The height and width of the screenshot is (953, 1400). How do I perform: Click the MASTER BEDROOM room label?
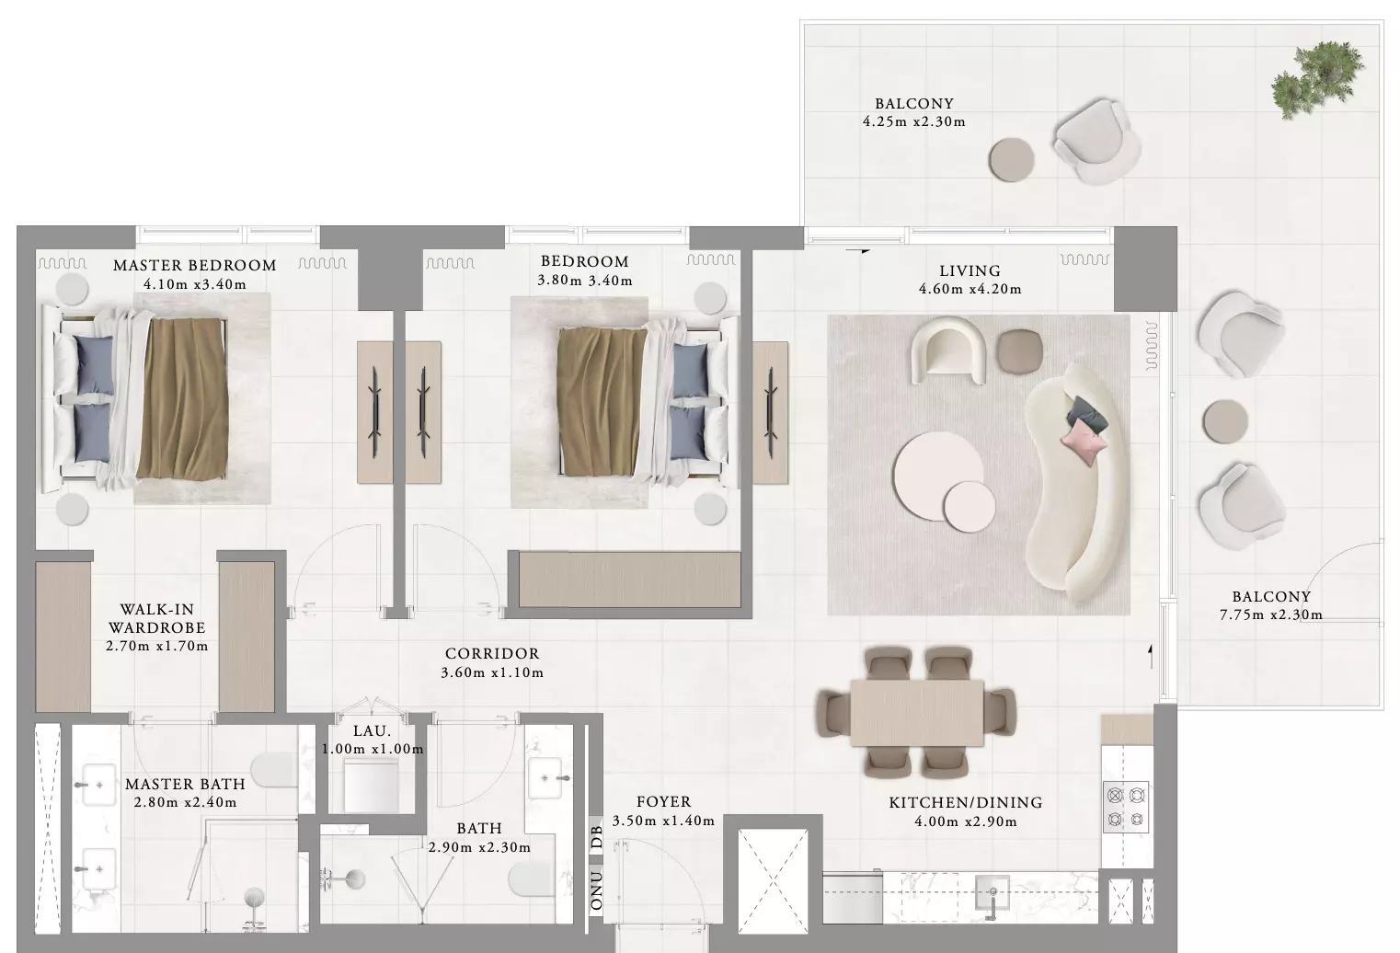[195, 265]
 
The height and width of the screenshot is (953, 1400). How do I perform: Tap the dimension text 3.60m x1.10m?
[492, 672]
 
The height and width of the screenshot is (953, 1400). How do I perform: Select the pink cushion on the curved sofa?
[1084, 442]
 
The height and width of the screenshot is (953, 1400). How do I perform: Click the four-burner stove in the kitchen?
[1126, 807]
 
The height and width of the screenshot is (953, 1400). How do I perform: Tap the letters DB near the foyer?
[597, 837]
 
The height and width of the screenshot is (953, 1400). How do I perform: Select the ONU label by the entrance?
[597, 891]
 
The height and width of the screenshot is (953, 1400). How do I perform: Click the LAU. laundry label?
[372, 730]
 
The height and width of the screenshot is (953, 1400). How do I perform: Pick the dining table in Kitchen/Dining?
[917, 712]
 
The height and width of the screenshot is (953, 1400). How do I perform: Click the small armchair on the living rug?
[948, 350]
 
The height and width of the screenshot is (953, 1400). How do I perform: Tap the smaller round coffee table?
[970, 506]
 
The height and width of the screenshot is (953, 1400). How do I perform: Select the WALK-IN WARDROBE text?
[157, 618]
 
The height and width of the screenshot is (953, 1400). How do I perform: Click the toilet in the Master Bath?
[274, 770]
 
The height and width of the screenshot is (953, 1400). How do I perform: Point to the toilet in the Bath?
[532, 878]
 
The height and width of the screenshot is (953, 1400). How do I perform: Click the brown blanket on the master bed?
[183, 398]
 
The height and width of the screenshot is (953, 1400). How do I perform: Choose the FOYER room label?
[664, 802]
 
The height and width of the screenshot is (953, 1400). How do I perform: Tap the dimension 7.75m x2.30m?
[1271, 614]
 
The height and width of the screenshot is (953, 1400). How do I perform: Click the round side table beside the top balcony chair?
[1011, 160]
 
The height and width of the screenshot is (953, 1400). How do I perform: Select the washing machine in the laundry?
[372, 785]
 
